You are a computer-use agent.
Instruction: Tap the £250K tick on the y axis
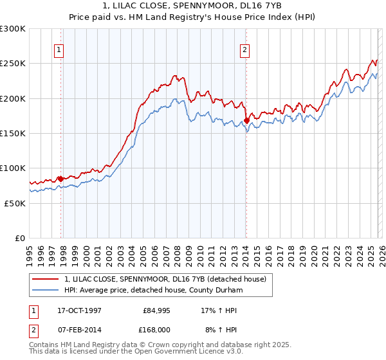pyautogui.click(x=13, y=64)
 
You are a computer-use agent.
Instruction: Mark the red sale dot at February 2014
pyautogui.click(x=246, y=120)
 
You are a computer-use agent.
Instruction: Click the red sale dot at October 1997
pyautogui.click(x=61, y=178)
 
